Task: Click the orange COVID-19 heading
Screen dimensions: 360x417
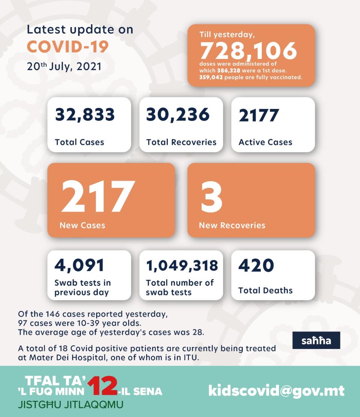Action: [x=68, y=47]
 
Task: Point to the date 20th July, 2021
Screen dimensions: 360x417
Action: [x=64, y=66]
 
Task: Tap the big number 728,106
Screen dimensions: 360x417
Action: [x=249, y=51]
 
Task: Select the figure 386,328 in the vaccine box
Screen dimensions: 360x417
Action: [x=229, y=71]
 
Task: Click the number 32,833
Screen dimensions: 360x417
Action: [x=85, y=115]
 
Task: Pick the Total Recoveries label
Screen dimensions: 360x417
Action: [x=181, y=142]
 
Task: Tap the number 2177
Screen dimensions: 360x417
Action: [x=259, y=115]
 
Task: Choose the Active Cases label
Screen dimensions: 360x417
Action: [x=265, y=142]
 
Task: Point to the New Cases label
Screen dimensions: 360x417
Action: [x=82, y=225]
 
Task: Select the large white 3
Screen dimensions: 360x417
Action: [x=211, y=197]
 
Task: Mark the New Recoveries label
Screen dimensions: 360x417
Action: [x=232, y=225]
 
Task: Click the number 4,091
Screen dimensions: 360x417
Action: [x=79, y=265]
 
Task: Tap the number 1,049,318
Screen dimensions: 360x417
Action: [x=182, y=266]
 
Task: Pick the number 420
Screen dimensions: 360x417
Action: [x=256, y=265]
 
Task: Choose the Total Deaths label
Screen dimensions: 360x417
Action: [x=265, y=290]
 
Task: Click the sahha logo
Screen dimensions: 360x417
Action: [x=316, y=340]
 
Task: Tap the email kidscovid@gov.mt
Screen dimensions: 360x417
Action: [x=276, y=391]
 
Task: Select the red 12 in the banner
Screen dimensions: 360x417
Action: [x=102, y=386]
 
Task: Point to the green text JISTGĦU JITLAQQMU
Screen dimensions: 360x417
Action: [x=71, y=405]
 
